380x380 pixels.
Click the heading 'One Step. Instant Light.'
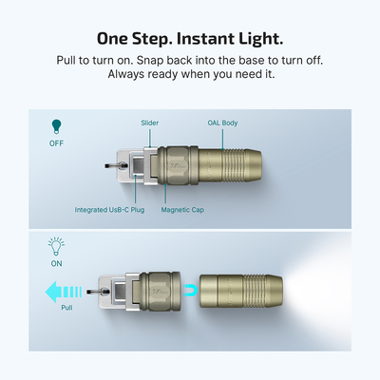pyautogui.click(x=190, y=39)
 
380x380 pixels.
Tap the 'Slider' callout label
pyautogui.click(x=150, y=123)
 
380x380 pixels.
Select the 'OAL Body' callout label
pyautogui.click(x=222, y=123)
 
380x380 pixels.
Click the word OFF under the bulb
pyautogui.click(x=56, y=143)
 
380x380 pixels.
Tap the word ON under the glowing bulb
pyautogui.click(x=56, y=265)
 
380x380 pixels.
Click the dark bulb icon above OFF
pyautogui.click(x=56, y=125)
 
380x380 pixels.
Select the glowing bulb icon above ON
pyautogui.click(x=56, y=246)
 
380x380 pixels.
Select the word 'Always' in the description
pyautogui.click(x=125, y=76)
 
